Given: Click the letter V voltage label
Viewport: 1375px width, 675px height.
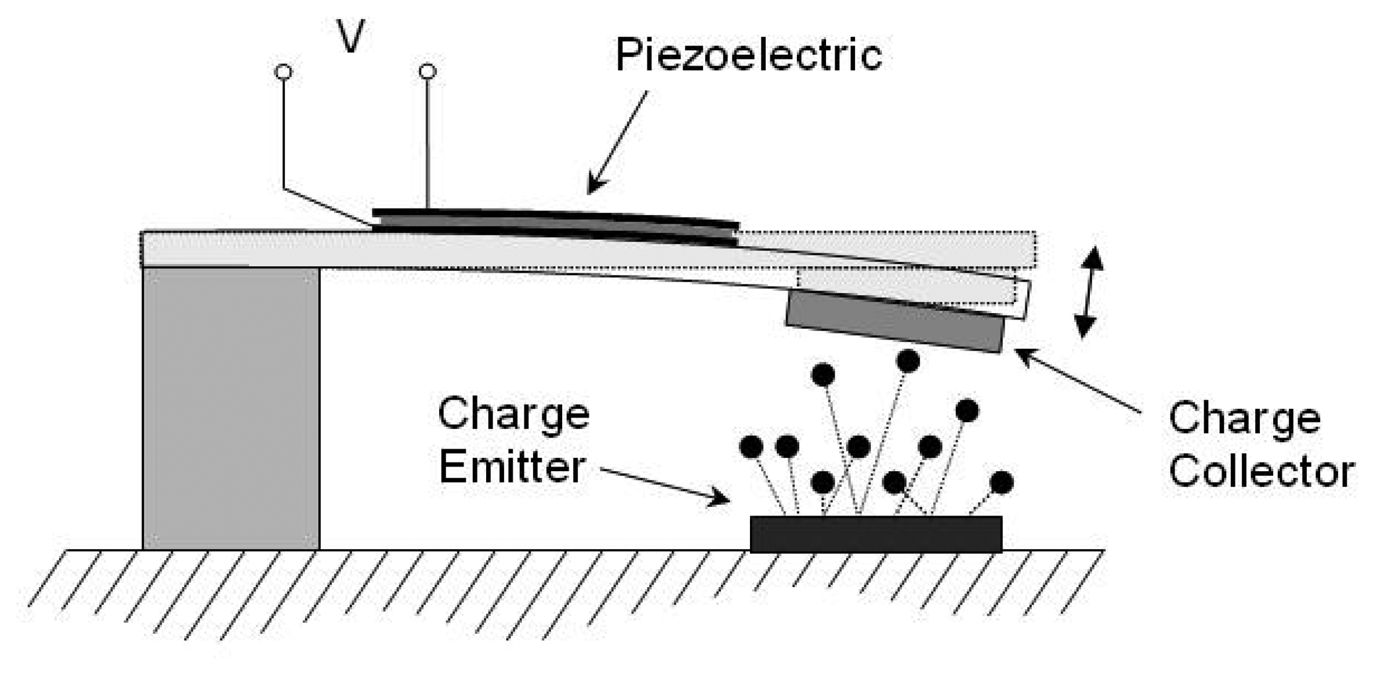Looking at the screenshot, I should pyautogui.click(x=351, y=37).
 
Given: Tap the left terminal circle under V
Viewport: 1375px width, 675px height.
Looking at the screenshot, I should pyautogui.click(x=284, y=71).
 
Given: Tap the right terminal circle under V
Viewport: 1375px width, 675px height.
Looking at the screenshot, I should pyautogui.click(x=428, y=71).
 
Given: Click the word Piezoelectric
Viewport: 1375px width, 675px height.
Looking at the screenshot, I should pyautogui.click(x=749, y=54).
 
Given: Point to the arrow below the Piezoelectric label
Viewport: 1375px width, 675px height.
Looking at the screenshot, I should pyautogui.click(x=616, y=143).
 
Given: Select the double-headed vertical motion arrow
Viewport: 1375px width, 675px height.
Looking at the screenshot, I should pyautogui.click(x=1088, y=292).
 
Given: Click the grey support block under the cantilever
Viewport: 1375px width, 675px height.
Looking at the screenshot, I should pyautogui.click(x=231, y=408).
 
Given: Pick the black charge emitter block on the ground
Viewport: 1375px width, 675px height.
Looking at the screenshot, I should pyautogui.click(x=876, y=533).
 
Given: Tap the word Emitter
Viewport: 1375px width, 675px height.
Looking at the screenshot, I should pyautogui.click(x=512, y=467).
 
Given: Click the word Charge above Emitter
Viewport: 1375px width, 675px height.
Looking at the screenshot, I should pyautogui.click(x=513, y=414).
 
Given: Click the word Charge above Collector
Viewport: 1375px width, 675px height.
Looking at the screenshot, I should pyautogui.click(x=1244, y=419).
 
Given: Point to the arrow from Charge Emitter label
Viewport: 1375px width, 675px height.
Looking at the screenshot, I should pyautogui.click(x=665, y=486).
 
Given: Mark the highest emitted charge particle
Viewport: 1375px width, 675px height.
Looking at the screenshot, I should pyautogui.click(x=908, y=361).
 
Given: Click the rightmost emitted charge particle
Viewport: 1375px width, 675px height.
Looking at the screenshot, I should pyautogui.click(x=1001, y=482).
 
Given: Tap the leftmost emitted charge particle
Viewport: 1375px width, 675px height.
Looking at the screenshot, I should pyautogui.click(x=751, y=447).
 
